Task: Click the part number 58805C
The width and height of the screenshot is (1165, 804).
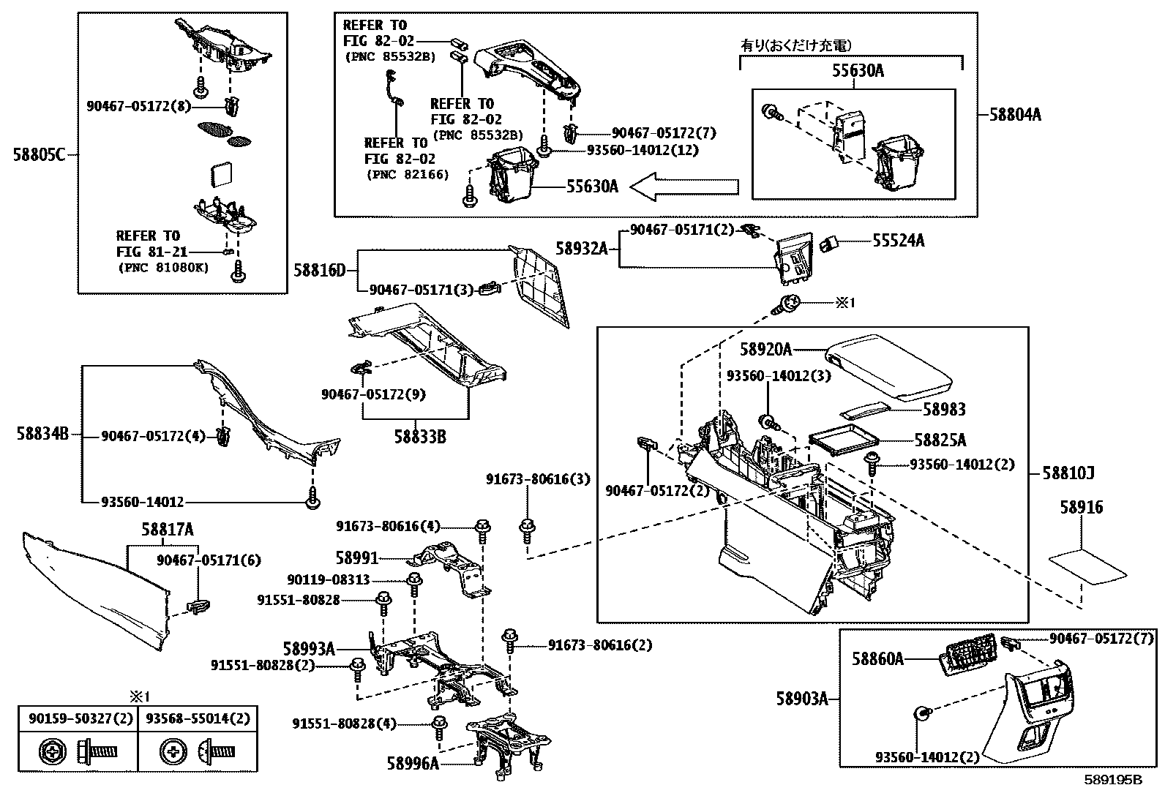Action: coord(38,155)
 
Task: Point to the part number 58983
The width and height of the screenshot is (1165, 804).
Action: coord(943,410)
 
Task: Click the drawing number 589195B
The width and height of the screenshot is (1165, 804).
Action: coord(1112,780)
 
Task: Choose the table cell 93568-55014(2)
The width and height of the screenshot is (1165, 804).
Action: coord(198,719)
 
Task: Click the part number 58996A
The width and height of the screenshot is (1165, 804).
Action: coord(413,764)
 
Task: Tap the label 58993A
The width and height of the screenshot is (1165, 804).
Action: coord(309,649)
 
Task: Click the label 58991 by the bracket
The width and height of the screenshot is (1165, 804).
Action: coord(357,558)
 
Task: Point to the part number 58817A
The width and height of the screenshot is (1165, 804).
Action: coord(168,530)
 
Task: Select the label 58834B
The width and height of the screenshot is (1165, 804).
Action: coord(42,434)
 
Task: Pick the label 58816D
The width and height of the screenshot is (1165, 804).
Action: coord(319,270)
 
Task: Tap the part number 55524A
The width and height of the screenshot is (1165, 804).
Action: coord(897,241)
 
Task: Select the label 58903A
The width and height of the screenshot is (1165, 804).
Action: coord(802,699)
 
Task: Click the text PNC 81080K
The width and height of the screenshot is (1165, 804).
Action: coord(163,267)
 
